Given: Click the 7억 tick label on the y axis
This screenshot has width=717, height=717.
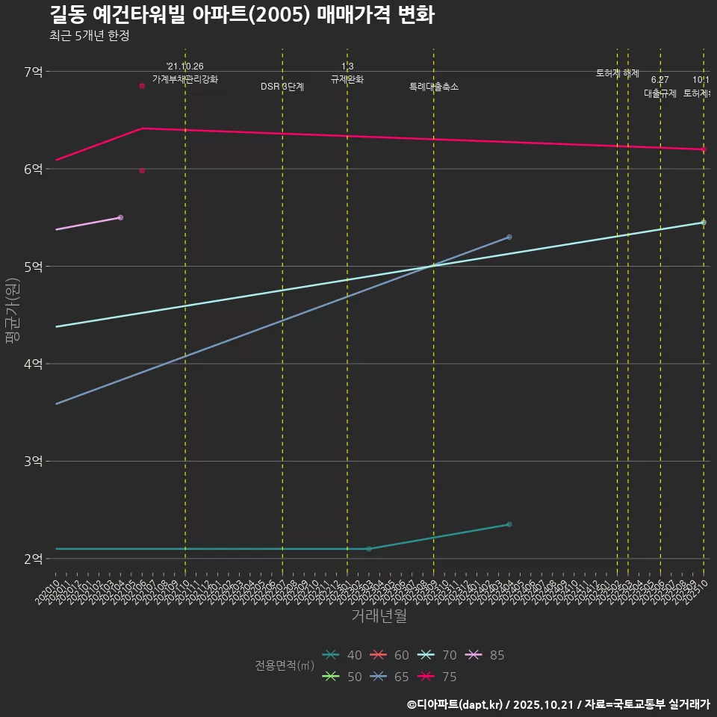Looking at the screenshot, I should click(x=34, y=72).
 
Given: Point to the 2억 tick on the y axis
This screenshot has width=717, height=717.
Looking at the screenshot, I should click(x=34, y=559).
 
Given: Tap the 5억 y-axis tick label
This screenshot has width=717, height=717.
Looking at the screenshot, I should click(x=34, y=267).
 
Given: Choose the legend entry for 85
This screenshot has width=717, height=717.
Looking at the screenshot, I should click(x=485, y=655).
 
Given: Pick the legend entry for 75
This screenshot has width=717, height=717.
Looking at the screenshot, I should click(x=438, y=677).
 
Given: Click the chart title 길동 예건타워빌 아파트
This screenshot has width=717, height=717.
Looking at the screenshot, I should click(x=242, y=15).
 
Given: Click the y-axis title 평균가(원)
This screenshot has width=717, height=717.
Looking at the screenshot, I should click(x=12, y=311).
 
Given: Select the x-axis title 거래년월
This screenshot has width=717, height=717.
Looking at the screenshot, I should click(x=379, y=616).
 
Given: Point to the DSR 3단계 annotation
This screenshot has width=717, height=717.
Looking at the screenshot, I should click(x=282, y=87).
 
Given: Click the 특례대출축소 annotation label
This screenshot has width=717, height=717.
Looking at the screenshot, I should click(x=434, y=87).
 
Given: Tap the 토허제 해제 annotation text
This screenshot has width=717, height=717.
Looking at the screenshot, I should click(x=618, y=73).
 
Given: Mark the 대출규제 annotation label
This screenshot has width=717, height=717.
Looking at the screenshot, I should click(x=660, y=93).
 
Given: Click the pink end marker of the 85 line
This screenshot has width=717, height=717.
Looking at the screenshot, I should click(x=120, y=217).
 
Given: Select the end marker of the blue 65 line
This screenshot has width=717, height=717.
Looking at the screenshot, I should click(x=509, y=237).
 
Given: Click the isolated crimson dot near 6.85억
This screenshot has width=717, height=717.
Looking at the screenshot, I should click(x=142, y=86).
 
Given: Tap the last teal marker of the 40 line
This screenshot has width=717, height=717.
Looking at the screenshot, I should click(x=509, y=524).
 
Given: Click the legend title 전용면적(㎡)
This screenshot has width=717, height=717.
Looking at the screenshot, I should click(x=284, y=665).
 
